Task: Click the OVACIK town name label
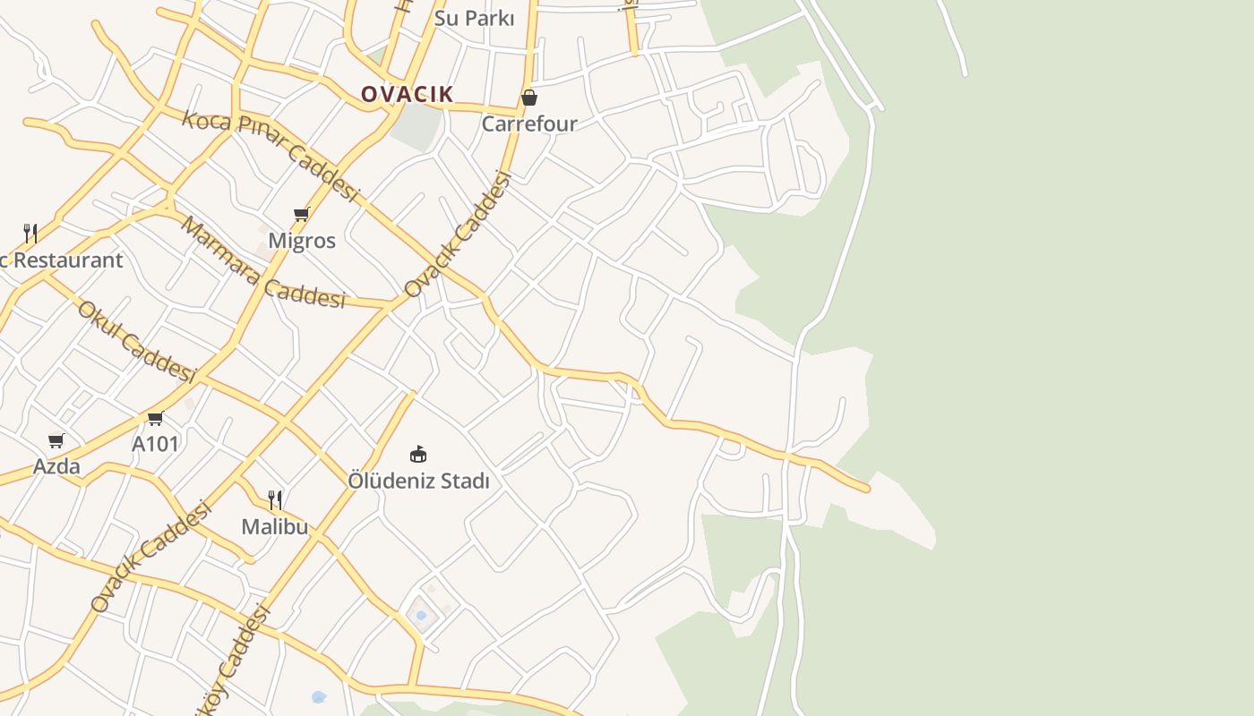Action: (x=407, y=94)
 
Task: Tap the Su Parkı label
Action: (x=474, y=18)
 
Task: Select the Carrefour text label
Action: (x=529, y=124)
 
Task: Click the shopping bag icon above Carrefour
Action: (x=529, y=98)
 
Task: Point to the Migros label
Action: (x=302, y=241)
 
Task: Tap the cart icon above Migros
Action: (x=302, y=215)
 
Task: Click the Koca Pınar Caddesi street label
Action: (x=270, y=155)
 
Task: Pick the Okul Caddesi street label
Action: (x=136, y=342)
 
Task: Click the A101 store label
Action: (x=155, y=444)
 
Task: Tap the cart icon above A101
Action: (x=155, y=418)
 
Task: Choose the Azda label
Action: (x=56, y=466)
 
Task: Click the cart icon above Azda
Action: (x=56, y=440)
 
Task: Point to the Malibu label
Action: (x=275, y=527)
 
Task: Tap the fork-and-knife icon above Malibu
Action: (x=275, y=499)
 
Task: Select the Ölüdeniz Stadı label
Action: (x=418, y=481)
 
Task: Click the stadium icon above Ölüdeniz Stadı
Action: (x=418, y=454)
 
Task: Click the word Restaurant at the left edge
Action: (x=67, y=260)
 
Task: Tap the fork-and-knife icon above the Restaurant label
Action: (x=30, y=234)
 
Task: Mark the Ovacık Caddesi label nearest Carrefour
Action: (x=458, y=234)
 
